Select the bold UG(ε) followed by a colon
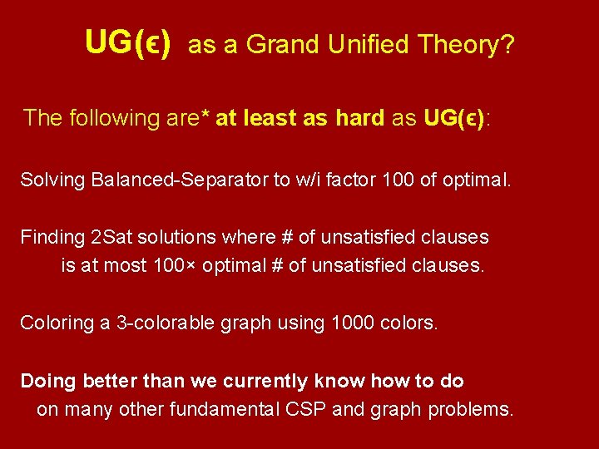tap(454, 118)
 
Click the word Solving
tap(47, 180)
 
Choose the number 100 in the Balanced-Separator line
tap(394, 180)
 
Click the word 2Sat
tap(111, 237)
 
